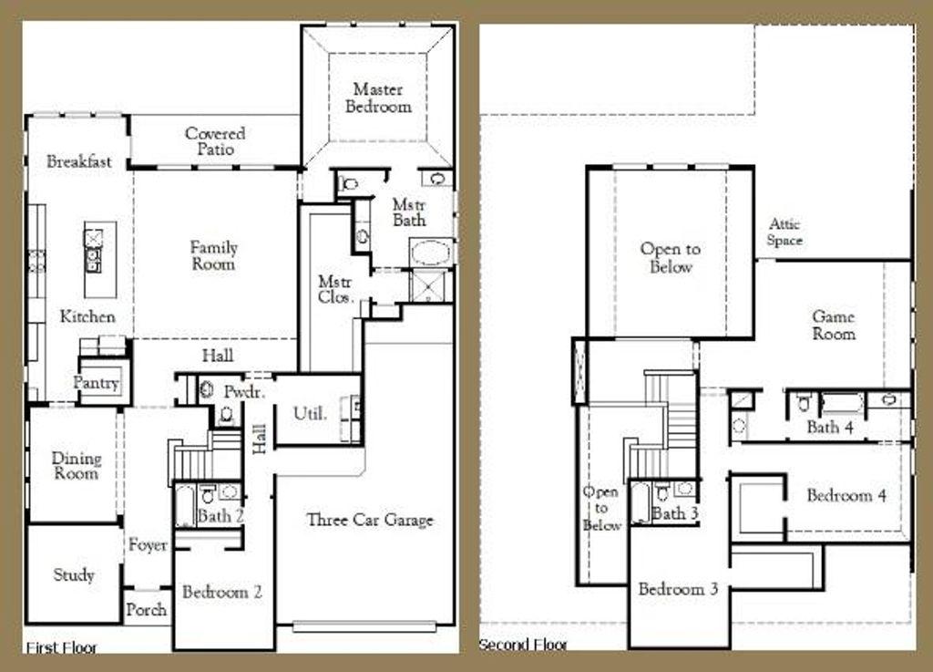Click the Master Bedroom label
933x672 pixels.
(378, 98)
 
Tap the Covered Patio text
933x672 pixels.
(215, 141)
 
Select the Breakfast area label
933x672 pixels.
(79, 161)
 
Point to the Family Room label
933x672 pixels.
(214, 255)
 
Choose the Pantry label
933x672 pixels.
(97, 383)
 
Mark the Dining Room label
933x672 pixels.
(77, 465)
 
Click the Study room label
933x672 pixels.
(74, 575)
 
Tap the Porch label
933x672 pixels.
(147, 609)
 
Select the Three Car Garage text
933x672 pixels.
(370, 520)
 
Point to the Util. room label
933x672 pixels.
(310, 414)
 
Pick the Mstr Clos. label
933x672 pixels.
(335, 289)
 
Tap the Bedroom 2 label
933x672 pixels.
(222, 592)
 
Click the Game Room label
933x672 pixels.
(834, 325)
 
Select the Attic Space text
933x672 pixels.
(784, 232)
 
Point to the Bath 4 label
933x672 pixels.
(830, 427)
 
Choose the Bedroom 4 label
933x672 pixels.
(846, 496)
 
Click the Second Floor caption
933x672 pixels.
(523, 645)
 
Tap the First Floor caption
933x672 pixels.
(62, 647)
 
